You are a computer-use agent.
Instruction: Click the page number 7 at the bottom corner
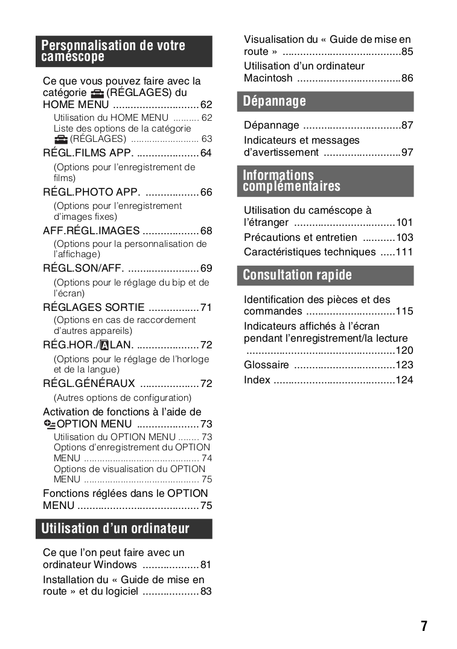pyautogui.click(x=424, y=626)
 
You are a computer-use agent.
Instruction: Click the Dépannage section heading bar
pyautogui.click(x=328, y=101)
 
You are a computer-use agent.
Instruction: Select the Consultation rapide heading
pyautogui.click(x=328, y=275)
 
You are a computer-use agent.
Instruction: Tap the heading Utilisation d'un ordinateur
pyautogui.click(x=127, y=529)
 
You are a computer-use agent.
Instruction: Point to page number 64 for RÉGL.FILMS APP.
pyautogui.click(x=206, y=153)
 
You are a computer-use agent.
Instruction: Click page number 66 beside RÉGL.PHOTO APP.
pyautogui.click(x=206, y=192)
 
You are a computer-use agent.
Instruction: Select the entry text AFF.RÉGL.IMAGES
pyautogui.click(x=91, y=231)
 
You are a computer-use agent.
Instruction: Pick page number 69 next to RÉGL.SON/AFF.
pyautogui.click(x=206, y=268)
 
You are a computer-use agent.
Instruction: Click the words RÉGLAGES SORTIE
pyautogui.click(x=94, y=307)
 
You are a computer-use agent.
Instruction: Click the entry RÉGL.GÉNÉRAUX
pyautogui.click(x=89, y=383)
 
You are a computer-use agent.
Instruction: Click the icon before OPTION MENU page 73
pyautogui.click(x=49, y=424)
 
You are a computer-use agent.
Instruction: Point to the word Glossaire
pyautogui.click(x=266, y=365)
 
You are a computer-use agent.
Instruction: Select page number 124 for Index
pyautogui.click(x=404, y=380)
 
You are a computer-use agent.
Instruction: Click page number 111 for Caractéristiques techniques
pyautogui.click(x=404, y=252)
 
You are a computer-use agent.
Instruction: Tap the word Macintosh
pyautogui.click(x=268, y=78)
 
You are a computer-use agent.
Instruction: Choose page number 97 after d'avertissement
pyautogui.click(x=407, y=152)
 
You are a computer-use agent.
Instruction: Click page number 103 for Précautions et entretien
pyautogui.click(x=404, y=237)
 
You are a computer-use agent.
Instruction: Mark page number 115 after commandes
pyautogui.click(x=404, y=312)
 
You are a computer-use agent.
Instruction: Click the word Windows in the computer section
pyautogui.click(x=115, y=564)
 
